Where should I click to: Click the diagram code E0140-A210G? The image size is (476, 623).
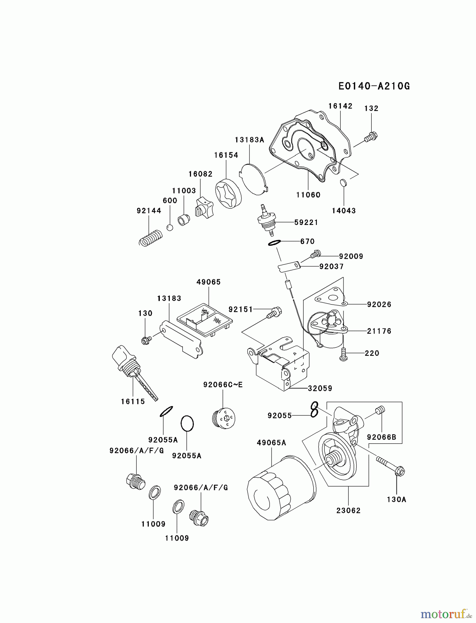pyautogui.click(x=374, y=86)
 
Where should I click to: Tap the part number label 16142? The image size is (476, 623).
pyautogui.click(x=340, y=106)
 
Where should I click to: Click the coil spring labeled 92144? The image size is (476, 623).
pyautogui.click(x=150, y=238)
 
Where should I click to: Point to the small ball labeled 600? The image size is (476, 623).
pyautogui.click(x=170, y=227)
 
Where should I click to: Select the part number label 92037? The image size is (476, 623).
pyautogui.click(x=331, y=267)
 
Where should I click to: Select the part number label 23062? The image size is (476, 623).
pyautogui.click(x=348, y=510)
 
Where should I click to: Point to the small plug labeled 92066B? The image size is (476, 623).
pyautogui.click(x=380, y=410)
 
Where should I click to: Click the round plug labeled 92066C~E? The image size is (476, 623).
pyautogui.click(x=223, y=418)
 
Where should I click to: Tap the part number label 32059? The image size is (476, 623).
pyautogui.click(x=320, y=388)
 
